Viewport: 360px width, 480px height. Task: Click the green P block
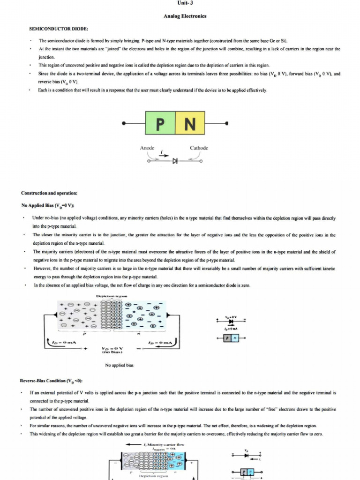pyautogui.click(x=160, y=123)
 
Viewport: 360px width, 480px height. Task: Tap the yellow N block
pyautogui.click(x=189, y=123)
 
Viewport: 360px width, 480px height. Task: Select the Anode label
pyautogui.click(x=147, y=148)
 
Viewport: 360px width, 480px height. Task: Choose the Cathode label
pyautogui.click(x=199, y=148)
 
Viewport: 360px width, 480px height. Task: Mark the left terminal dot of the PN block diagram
pyautogui.click(x=123, y=124)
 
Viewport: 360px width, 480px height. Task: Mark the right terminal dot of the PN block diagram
pyautogui.click(x=227, y=124)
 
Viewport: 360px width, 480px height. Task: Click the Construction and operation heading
pyautogui.click(x=49, y=193)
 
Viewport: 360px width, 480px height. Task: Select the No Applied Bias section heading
pyautogui.click(x=48, y=206)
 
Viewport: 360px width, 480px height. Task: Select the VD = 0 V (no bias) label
pyautogui.click(x=112, y=350)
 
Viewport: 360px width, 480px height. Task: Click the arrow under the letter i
pyautogui.click(x=162, y=155)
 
